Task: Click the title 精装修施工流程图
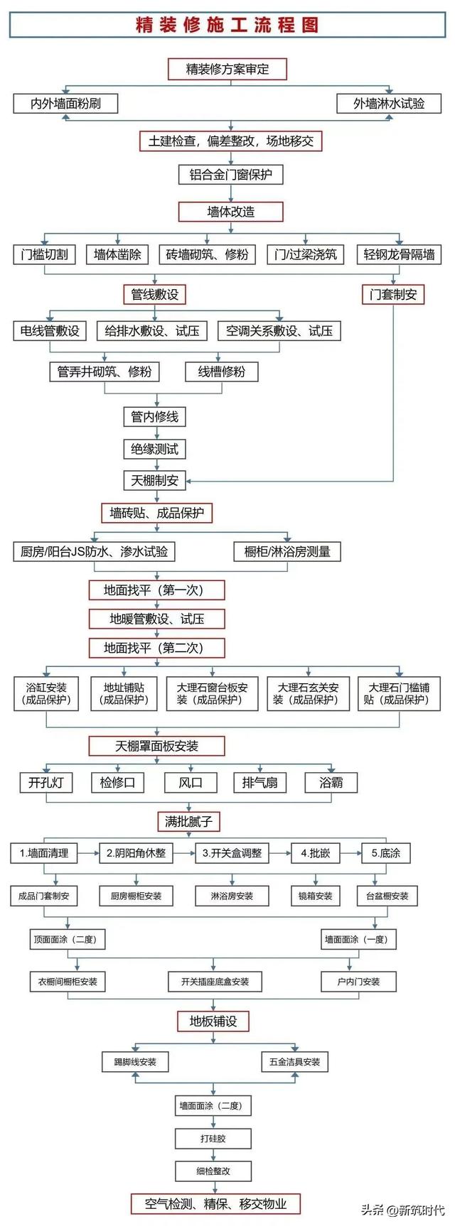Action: coord(227,25)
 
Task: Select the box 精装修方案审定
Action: coord(227,69)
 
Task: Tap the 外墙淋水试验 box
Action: coord(389,103)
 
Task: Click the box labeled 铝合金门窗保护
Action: coord(230,174)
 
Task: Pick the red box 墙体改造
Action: coord(230,212)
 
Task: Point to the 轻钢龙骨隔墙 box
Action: coord(399,254)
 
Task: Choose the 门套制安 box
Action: coord(393,294)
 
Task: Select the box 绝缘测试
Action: coord(155,449)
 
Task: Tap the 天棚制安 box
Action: coord(155,480)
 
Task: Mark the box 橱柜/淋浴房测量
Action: coord(287,551)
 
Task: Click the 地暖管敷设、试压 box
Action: coord(156,619)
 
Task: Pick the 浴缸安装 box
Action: coord(47,693)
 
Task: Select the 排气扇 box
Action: coord(260,783)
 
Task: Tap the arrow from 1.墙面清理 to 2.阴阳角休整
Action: coord(88,852)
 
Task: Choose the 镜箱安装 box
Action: coord(316,896)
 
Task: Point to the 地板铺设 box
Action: coord(213,1021)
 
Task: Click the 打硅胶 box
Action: coord(213,1139)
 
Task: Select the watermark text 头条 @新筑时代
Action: coord(403,1209)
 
